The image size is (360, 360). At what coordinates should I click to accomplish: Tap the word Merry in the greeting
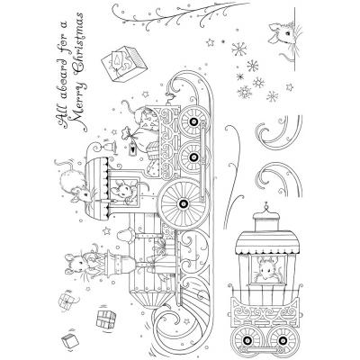pyautogui.click(x=79, y=104)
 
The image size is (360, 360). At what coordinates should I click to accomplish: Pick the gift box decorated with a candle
pyautogui.click(x=123, y=63)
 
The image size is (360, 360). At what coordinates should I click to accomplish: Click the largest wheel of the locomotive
pyautogui.click(x=182, y=203)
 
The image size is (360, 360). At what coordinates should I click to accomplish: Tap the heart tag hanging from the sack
pyautogui.click(x=131, y=148)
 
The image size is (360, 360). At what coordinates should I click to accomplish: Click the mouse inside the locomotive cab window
pyautogui.click(x=122, y=191)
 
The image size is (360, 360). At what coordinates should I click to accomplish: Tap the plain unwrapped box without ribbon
pyautogui.click(x=70, y=340)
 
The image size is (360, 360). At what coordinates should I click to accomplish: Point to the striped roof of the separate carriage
pyautogui.click(x=264, y=241)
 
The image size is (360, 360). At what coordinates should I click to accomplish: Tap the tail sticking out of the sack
pyautogui.click(x=129, y=106)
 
